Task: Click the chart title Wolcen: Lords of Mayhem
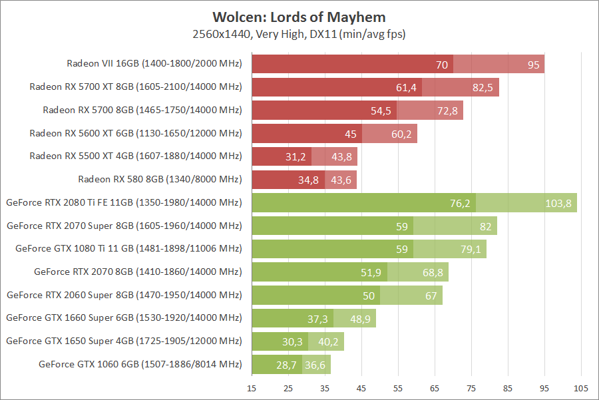coord(299,17)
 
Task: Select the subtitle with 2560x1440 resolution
coord(299,34)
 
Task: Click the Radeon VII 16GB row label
coord(154,64)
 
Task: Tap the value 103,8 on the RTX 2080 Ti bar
coord(558,203)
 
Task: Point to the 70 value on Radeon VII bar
coord(442,65)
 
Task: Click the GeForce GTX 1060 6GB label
coord(140,364)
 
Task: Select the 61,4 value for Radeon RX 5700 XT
coord(406,88)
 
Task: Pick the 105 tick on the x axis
coord(581,387)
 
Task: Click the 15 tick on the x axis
coord(252,387)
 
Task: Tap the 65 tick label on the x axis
coord(435,387)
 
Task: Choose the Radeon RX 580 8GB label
coord(160,180)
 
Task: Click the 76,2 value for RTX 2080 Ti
coord(460,203)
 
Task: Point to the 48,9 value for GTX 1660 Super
coord(359,319)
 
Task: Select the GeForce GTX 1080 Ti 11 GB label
coord(128,249)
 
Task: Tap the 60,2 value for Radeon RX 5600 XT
coord(401,134)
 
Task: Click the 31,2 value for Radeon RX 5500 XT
coord(295,157)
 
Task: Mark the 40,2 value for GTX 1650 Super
coord(327,341)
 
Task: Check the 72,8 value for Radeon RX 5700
coord(447,110)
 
